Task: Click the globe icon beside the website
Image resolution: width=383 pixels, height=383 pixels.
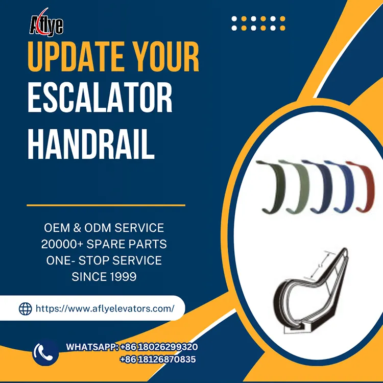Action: [25, 308]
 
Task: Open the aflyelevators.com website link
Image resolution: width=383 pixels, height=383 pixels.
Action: [105, 308]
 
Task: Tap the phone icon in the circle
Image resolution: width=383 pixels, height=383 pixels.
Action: [45, 352]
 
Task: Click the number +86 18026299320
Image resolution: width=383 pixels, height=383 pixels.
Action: [159, 347]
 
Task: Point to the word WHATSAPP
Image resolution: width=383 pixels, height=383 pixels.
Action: [92, 347]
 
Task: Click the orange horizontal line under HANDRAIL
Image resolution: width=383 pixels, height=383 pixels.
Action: [106, 205]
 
